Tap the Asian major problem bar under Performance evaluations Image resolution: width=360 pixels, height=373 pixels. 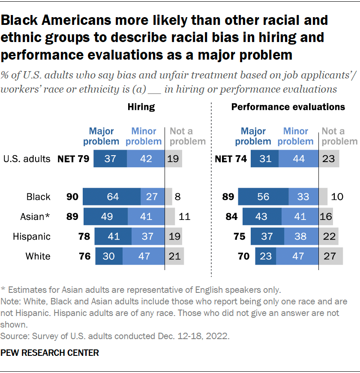261,217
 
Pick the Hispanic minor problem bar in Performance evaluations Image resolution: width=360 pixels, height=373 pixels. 301,237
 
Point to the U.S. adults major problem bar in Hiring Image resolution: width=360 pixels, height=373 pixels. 110,159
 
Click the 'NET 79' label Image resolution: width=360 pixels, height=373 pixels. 73,159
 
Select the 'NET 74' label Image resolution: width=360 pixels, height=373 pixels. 231,159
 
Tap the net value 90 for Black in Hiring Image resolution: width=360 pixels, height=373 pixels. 72,197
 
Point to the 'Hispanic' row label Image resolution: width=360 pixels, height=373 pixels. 32,237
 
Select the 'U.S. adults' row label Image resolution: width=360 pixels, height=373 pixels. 27,159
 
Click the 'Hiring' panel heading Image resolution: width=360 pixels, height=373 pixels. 141,107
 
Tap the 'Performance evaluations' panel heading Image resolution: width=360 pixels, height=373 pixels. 288,107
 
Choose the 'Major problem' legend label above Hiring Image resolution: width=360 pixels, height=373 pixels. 101,136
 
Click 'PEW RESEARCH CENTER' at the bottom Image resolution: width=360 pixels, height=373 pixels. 50,353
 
